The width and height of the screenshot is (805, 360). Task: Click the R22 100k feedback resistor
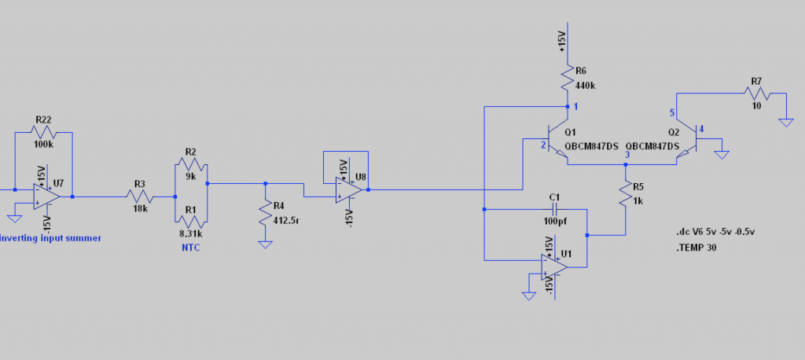tap(44, 133)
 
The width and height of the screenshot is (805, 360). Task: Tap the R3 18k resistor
tap(140, 197)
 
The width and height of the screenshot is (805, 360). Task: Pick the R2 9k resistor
tap(191, 165)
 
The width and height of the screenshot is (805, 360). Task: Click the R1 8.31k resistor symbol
tap(191, 222)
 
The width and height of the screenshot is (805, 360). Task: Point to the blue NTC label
tap(190, 248)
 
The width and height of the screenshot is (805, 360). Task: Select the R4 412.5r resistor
tap(265, 213)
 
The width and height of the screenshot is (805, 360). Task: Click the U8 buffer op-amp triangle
tap(349, 189)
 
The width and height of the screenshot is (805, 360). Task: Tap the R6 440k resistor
tap(568, 78)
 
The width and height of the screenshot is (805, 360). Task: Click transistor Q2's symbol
tap(687, 139)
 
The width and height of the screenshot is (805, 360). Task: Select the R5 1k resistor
tap(625, 193)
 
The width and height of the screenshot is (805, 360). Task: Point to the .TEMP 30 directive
tap(697, 248)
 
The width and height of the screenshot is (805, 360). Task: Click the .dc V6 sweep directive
tap(715, 232)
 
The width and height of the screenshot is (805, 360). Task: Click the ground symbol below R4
tap(265, 244)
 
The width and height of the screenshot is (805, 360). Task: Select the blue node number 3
tap(627, 156)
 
